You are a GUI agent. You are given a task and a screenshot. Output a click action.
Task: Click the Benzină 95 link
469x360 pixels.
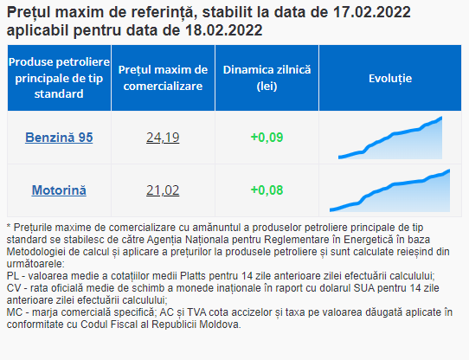pos(59,138)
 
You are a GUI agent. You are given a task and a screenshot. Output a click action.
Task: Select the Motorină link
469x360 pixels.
pos(59,190)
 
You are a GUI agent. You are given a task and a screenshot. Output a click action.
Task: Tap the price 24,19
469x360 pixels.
pos(163,138)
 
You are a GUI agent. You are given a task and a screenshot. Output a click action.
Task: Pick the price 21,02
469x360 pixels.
pos(163,190)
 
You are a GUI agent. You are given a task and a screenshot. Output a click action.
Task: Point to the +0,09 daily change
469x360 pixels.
pos(267,138)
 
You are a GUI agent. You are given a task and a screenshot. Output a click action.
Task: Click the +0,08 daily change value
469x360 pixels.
pos(267,190)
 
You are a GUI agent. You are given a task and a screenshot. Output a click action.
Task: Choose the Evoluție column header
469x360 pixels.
pos(390,79)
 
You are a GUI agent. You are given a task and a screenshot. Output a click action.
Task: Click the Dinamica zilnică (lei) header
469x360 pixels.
pos(267,78)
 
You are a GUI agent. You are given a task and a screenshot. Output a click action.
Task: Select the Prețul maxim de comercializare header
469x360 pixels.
pos(163,78)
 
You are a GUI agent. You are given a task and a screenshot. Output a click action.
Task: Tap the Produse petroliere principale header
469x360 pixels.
pos(59,78)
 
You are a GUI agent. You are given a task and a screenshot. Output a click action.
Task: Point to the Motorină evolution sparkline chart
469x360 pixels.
pos(389,191)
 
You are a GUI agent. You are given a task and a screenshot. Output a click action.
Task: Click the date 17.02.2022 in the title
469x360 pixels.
pos(372,12)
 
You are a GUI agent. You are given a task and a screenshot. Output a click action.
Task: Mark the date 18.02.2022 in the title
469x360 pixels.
pos(224,30)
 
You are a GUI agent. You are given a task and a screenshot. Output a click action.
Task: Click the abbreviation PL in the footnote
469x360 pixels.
pos(13,276)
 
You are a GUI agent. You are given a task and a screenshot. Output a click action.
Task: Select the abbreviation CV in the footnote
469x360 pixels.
pos(14,288)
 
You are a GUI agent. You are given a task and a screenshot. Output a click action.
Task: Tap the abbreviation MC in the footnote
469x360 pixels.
pos(15,312)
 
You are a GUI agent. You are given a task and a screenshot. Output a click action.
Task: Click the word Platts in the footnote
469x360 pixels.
pos(194,276)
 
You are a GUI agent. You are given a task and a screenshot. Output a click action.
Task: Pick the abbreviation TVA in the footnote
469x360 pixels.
pos(196,312)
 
